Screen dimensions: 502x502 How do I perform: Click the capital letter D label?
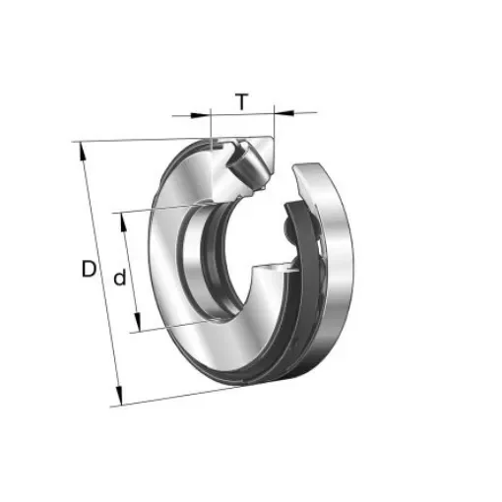tap(90, 269)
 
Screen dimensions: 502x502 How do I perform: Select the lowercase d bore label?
tap(119, 279)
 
